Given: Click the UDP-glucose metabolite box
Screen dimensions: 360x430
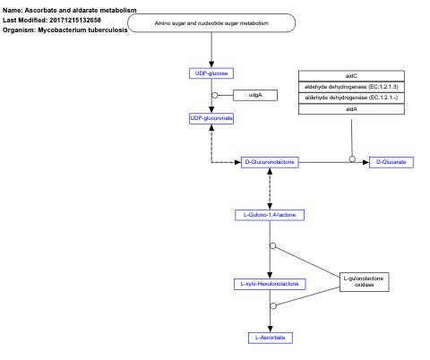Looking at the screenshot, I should [211, 73].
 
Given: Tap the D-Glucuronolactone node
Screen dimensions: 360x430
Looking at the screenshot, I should [270, 162].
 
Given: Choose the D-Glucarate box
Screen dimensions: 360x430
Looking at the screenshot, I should [391, 162].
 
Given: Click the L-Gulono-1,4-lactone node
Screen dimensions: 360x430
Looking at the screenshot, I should [270, 216].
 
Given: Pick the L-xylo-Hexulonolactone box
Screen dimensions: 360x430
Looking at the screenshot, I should [270, 284].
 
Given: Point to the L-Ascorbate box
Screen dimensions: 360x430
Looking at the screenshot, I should [270, 338].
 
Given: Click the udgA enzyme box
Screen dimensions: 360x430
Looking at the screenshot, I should [254, 95].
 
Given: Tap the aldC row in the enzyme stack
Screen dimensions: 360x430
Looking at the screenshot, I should [351, 75].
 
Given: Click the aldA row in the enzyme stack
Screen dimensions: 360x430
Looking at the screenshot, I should [351, 108].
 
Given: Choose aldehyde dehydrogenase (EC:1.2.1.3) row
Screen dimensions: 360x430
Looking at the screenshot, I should [351, 86].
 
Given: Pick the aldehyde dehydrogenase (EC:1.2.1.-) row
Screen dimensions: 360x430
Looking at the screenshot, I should [351, 97].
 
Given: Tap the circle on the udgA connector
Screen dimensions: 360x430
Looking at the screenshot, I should [215, 95].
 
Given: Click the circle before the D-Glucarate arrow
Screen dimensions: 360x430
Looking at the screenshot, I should [352, 159].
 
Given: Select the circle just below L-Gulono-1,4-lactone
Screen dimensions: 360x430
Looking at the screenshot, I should [272, 245].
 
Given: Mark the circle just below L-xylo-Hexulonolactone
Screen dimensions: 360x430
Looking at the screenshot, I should [272, 306].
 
